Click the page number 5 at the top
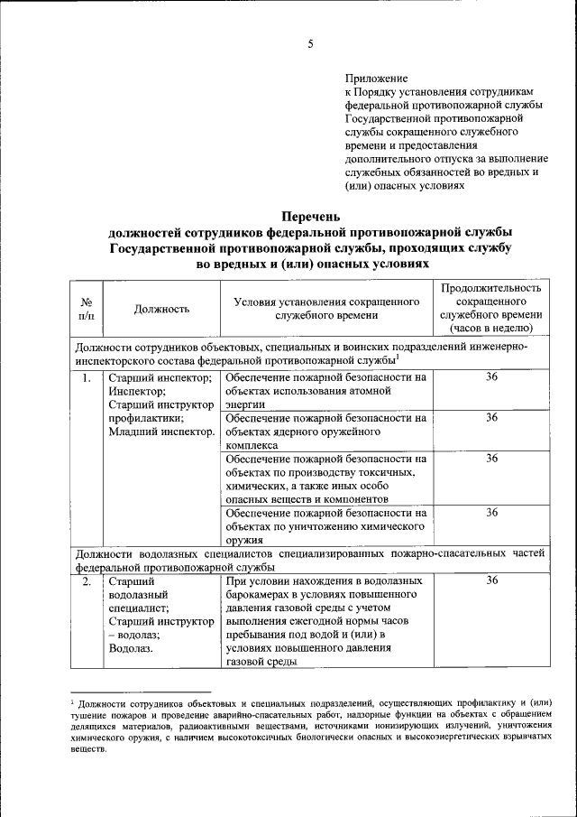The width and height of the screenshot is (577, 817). coord(309,44)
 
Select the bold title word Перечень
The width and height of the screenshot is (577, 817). coord(310,216)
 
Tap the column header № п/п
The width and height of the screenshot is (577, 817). coord(87,309)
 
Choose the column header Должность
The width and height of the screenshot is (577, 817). coord(161,309)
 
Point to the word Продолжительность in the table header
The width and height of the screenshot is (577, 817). coord(491,288)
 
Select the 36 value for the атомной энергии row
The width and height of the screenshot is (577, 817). coord(491,377)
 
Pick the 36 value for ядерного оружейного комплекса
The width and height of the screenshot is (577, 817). coord(491,418)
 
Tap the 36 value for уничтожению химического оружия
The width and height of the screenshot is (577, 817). coord(491,512)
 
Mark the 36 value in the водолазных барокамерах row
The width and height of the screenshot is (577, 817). coord(491,581)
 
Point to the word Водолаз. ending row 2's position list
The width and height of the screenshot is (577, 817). coord(131,648)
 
